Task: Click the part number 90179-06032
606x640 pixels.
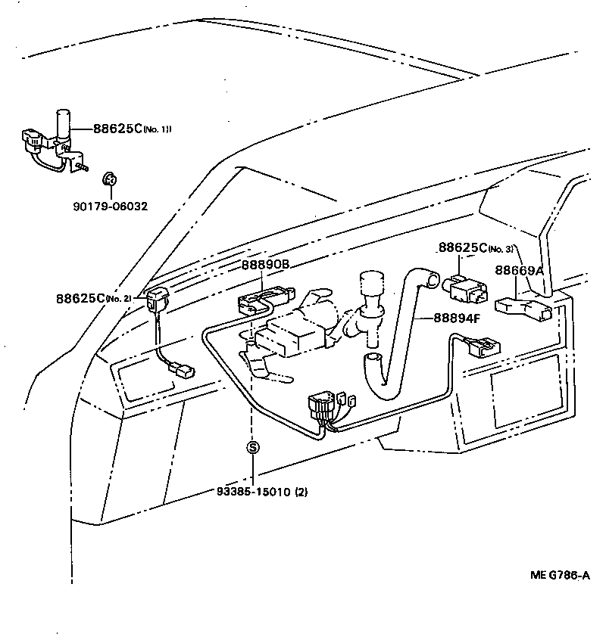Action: (111, 205)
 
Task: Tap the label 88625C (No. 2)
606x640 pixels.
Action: (93, 298)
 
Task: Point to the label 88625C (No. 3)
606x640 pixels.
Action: (476, 248)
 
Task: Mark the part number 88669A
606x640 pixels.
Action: (519, 270)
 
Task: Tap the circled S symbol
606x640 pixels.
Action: (253, 447)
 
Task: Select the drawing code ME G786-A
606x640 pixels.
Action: (560, 575)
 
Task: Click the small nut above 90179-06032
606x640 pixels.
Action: (108, 179)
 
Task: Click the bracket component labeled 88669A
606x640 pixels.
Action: (522, 309)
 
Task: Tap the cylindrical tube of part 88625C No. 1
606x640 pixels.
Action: (62, 125)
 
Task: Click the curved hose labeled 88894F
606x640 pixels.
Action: (397, 333)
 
